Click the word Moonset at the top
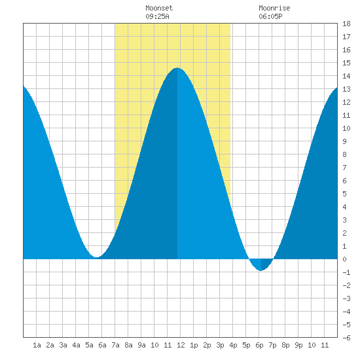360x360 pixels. coord(159,8)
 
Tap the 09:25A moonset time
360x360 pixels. coord(157,16)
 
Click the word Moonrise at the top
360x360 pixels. coord(274,8)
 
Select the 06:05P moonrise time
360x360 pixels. coord(270,16)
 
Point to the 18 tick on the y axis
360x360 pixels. coord(346,24)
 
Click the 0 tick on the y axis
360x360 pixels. coord(344,259)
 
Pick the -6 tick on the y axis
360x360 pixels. coord(346,338)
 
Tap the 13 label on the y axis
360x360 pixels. coord(346,89)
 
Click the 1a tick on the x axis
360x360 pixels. coord(37,345)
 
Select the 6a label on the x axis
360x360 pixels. coord(102,345)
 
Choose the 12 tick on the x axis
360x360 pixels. coord(181,345)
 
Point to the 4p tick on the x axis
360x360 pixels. coord(233,345)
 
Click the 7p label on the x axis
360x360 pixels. coord(272,345)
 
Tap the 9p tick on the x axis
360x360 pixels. coord(298,345)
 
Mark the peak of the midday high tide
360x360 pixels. coord(177,68)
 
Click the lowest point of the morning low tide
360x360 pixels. coord(97,257)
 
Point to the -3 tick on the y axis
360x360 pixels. coord(346,298)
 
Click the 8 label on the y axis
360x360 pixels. coord(344,154)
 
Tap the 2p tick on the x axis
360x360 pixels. coord(207,345)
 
